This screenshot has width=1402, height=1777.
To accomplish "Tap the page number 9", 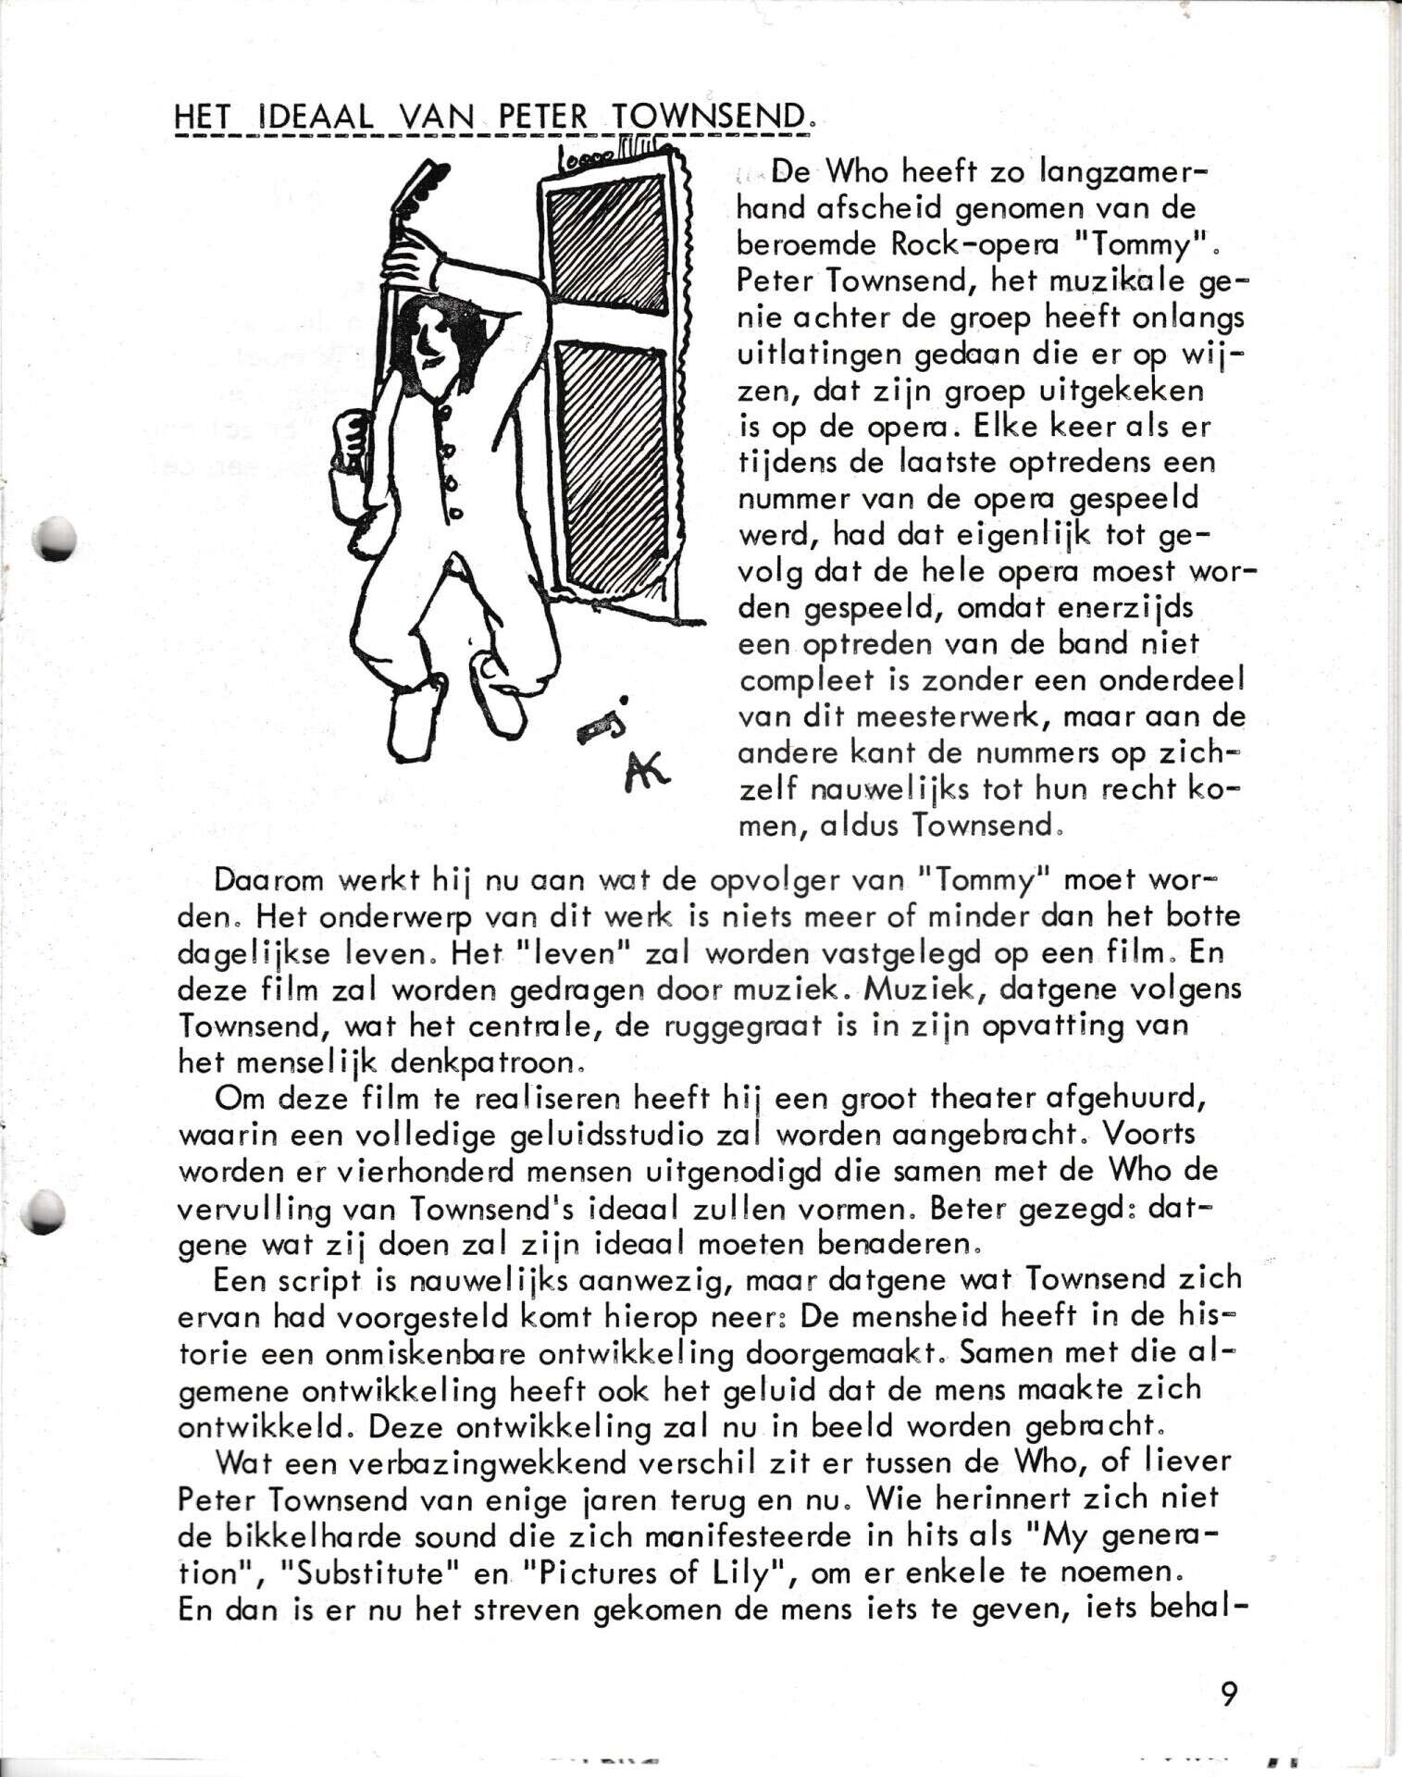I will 1228,1694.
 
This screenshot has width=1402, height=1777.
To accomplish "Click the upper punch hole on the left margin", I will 52,538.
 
